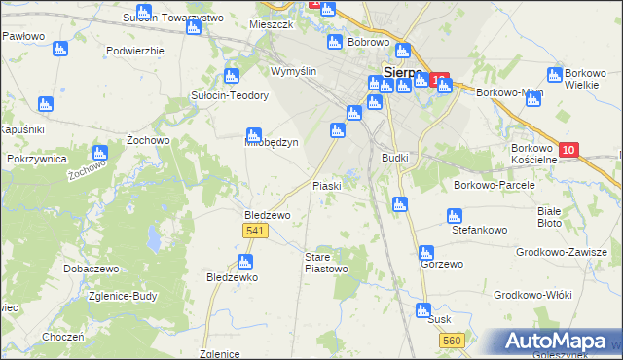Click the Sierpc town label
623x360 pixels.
401,72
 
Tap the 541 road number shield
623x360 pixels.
253,230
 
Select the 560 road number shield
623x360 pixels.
451,340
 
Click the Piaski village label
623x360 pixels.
327,186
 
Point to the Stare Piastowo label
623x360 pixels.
325,262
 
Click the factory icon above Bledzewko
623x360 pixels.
244,261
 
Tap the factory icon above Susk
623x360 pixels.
423,311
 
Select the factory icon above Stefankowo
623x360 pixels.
453,216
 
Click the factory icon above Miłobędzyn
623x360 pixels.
254,134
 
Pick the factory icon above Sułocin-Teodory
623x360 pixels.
232,76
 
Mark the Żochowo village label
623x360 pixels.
149,140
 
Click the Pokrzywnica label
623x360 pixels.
36,158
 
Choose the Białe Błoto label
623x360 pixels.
550,216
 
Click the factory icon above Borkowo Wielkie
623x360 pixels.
555,75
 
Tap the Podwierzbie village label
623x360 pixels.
135,51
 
